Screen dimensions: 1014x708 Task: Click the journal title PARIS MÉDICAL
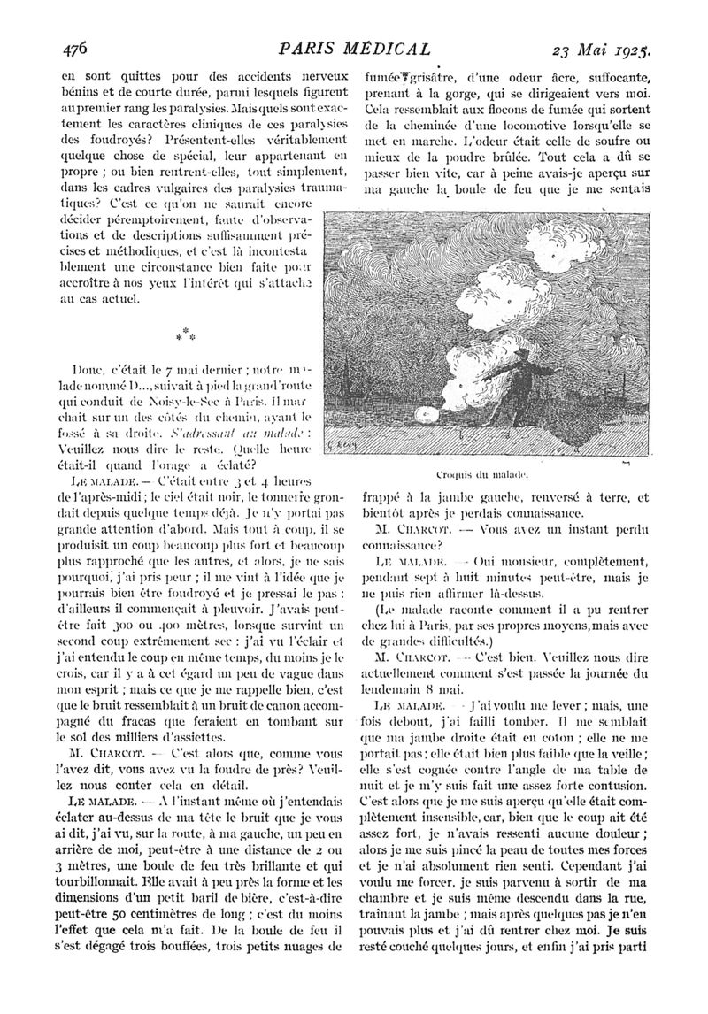pyautogui.click(x=355, y=48)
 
